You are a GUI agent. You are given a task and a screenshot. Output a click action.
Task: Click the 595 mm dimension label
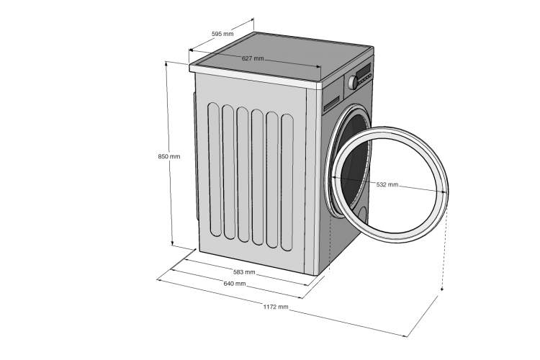tap(222, 34)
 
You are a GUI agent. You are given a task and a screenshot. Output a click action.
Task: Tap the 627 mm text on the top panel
tap(253, 58)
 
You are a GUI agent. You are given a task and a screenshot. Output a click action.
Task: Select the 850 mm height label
tap(169, 156)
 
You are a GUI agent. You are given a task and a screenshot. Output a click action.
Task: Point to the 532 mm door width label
tap(387, 184)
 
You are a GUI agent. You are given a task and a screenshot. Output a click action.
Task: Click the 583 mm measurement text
tap(244, 272)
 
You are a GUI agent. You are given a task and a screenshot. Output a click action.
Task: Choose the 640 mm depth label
tap(235, 284)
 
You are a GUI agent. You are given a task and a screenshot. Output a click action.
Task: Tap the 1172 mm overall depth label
tap(276, 307)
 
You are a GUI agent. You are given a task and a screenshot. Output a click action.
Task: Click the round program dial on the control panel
tap(353, 83)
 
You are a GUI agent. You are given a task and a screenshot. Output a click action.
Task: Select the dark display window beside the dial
tap(364, 71)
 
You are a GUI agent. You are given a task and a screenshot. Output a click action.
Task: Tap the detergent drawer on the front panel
tap(331, 104)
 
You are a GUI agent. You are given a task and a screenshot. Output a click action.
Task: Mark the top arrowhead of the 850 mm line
tap(166, 63)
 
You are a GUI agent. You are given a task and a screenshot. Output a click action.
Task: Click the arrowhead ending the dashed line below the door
tap(442, 289)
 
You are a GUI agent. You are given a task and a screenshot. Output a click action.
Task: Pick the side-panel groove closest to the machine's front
tap(287, 182)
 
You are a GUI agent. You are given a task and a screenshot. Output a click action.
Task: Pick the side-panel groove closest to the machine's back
tap(215, 169)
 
